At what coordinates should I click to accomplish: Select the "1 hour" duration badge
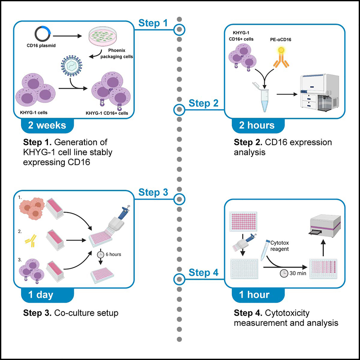[254, 295]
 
